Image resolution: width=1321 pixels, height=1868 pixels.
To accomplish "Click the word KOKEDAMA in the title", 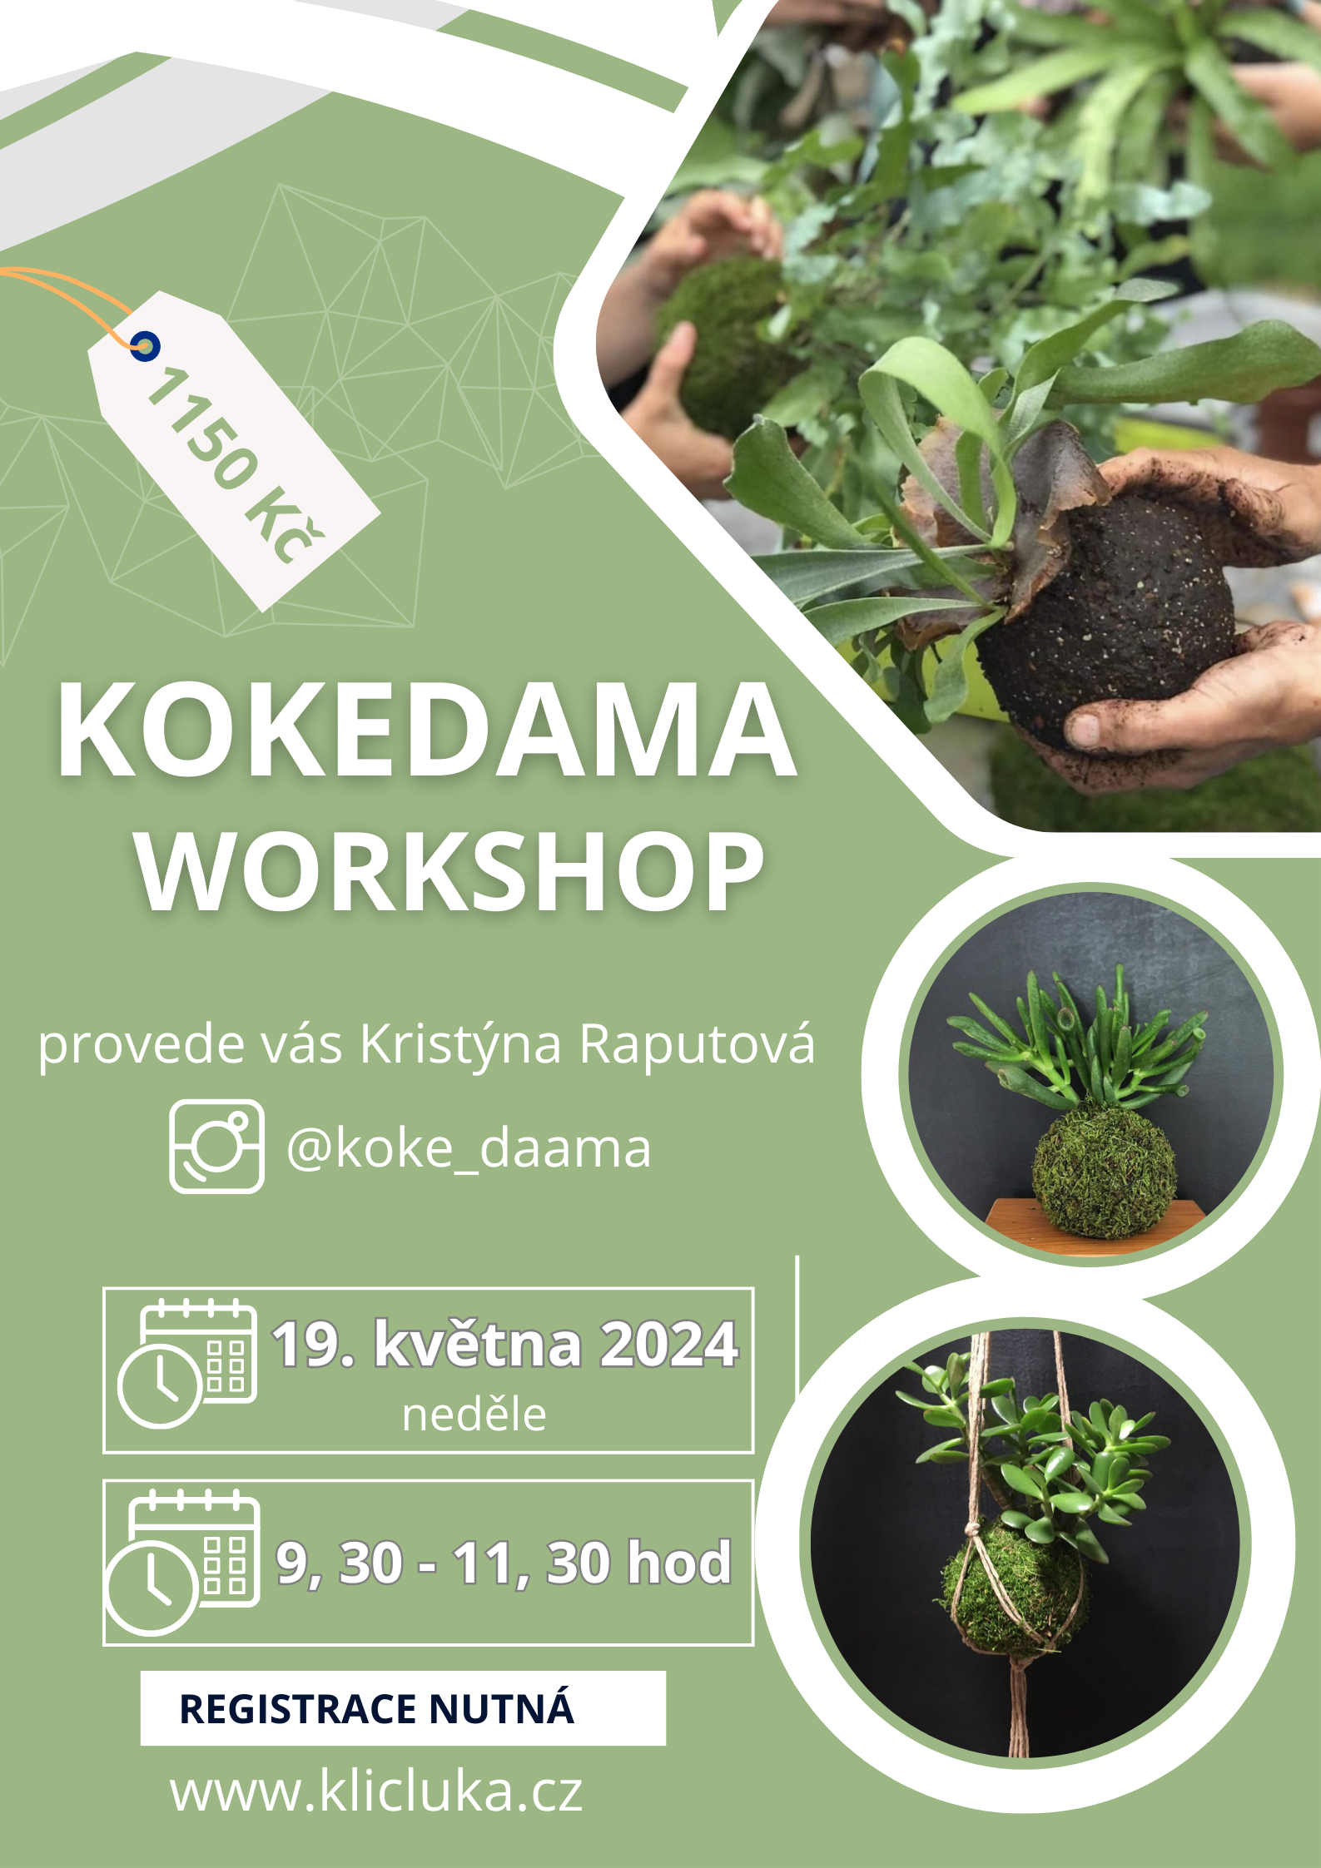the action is coord(426,730).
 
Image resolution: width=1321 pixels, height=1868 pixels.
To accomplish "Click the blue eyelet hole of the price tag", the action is coord(145,346).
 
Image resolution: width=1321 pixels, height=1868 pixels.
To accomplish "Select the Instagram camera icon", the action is coord(216,1146).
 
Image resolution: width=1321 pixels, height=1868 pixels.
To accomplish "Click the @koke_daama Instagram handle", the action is coord(468,1149).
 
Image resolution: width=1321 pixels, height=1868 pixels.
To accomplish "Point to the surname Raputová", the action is coord(697,1043).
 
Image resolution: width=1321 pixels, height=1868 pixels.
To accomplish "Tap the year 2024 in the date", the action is coord(668,1343).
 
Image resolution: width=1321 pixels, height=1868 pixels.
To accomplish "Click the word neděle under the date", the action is coord(474,1415).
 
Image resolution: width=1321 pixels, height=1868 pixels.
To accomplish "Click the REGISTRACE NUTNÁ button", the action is coord(403,1708).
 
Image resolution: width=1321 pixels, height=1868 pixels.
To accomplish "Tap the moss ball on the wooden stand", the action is coord(1104,1170).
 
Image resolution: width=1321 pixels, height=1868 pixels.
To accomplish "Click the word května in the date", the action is coord(478,1343).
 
